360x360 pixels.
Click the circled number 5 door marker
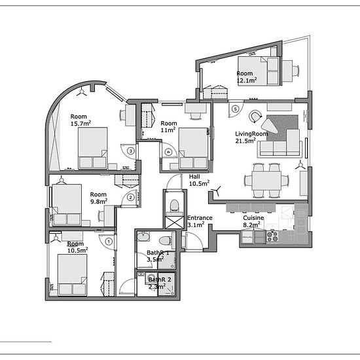[235, 109]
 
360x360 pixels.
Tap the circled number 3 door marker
[131, 151]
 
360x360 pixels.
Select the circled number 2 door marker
[130, 198]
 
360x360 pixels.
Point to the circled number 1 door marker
[109, 242]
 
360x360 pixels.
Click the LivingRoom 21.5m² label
[251, 137]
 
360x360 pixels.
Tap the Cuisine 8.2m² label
[253, 221]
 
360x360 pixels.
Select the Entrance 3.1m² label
[200, 221]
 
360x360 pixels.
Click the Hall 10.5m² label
[199, 180]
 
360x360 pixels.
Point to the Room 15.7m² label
[81, 120]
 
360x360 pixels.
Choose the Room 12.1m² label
[247, 77]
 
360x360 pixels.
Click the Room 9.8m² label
[99, 198]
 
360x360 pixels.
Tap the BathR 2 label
[160, 279]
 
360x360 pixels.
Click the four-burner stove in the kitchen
[272, 237]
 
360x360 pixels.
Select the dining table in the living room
[266, 181]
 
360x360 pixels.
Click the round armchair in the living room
[255, 116]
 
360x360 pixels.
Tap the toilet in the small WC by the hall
[174, 206]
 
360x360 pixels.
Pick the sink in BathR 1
[143, 236]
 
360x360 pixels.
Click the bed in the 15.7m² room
[92, 148]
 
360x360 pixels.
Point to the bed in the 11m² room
[193, 149]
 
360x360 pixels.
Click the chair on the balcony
[296, 71]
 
